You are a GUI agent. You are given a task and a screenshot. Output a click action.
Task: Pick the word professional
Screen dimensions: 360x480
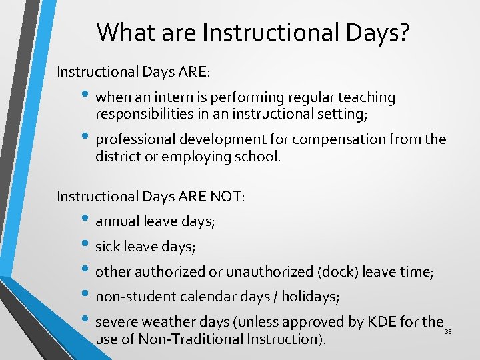pos(133,140)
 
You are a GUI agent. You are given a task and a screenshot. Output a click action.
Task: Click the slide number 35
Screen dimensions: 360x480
pos(448,331)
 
